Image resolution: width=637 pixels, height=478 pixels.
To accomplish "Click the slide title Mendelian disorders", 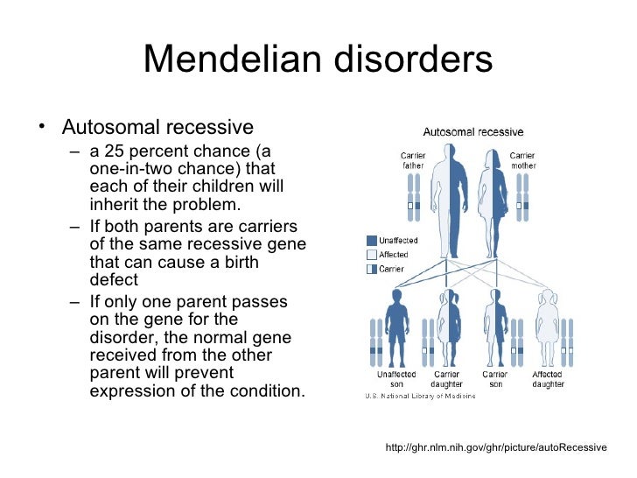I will [318, 60].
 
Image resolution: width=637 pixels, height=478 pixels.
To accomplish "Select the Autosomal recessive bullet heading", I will [157, 128].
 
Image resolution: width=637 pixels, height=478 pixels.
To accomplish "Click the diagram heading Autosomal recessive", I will [473, 132].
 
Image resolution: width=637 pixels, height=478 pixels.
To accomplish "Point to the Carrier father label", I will [413, 161].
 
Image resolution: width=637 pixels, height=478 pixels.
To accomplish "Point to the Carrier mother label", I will [522, 161].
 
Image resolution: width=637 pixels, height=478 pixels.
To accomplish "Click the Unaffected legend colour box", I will [372, 241].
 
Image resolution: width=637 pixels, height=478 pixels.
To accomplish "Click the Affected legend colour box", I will [372, 255].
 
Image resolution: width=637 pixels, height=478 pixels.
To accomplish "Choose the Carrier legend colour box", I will [372, 269].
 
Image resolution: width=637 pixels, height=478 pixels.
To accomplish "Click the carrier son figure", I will [495, 328].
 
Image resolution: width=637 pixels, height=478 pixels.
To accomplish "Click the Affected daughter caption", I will [548, 379].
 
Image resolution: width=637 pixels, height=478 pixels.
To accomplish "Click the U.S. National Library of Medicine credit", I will [420, 396].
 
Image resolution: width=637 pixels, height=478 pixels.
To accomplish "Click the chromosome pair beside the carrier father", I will [413, 198].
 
